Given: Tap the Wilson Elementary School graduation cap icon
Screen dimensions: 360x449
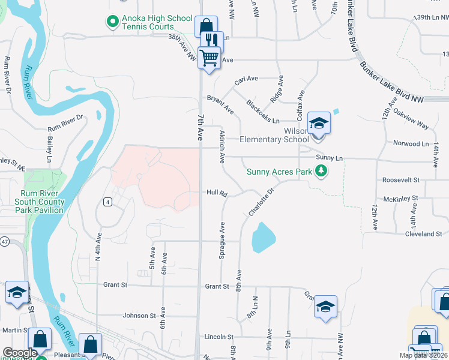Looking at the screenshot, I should point(319,124).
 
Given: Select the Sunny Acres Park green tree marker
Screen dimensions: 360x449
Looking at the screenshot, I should point(322,172).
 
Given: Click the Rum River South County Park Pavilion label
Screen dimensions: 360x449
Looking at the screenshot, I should point(40,202).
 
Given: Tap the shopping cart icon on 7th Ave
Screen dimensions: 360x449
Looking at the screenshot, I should point(209,58).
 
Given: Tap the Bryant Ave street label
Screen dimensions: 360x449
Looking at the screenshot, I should point(220,104).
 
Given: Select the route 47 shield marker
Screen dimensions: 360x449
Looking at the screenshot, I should point(21,241).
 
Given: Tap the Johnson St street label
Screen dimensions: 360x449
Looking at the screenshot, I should point(139,315).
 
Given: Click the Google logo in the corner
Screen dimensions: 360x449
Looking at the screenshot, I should point(20,353).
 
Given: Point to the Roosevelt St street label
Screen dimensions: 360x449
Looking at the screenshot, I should point(400,180).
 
